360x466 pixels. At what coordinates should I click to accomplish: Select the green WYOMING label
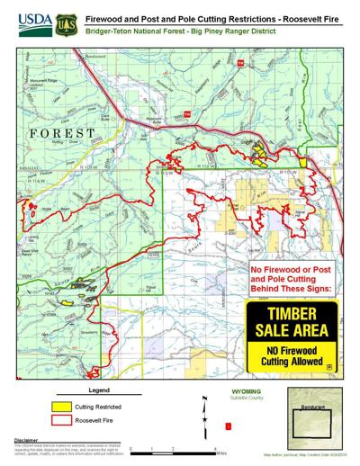222,393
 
